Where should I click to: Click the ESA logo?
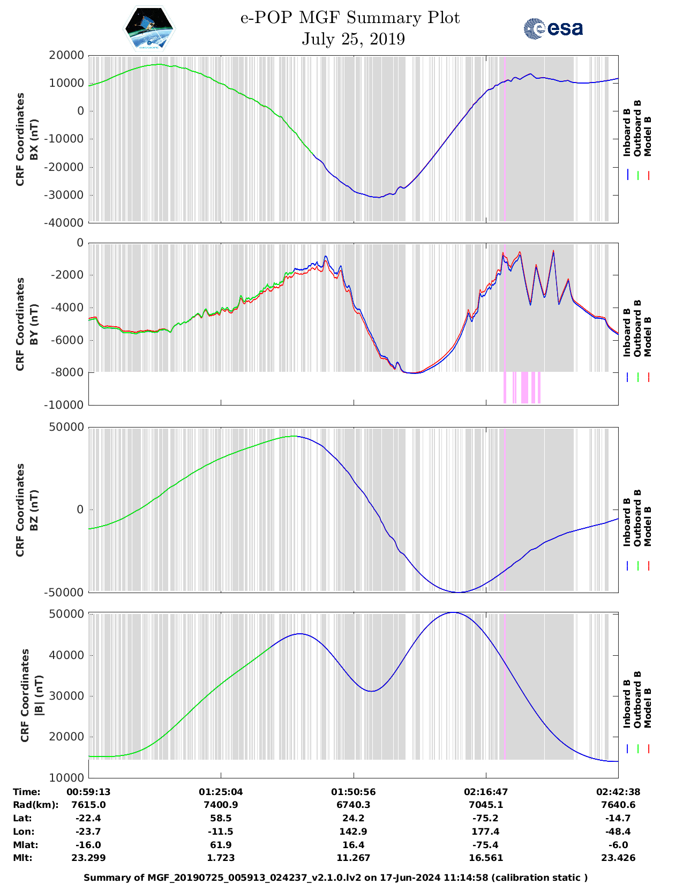pos(553,28)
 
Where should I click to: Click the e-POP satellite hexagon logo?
pos(149,28)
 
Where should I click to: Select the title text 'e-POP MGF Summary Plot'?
pos(350,18)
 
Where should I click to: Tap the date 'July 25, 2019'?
pos(353,39)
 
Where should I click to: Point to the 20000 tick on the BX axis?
pos(66,55)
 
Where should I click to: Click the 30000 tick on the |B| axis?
pos(66,696)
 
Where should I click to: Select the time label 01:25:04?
pos(221,792)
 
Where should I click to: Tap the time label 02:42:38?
pos(618,792)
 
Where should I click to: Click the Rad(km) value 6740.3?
pos(353,805)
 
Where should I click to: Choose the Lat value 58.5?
pos(221,818)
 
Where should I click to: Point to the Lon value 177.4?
pos(486,831)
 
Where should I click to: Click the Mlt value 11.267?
pos(353,858)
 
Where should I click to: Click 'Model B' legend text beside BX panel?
pos(648,136)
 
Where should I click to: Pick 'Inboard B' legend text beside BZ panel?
pos(627,522)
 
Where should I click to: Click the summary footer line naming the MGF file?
pos(335,878)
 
